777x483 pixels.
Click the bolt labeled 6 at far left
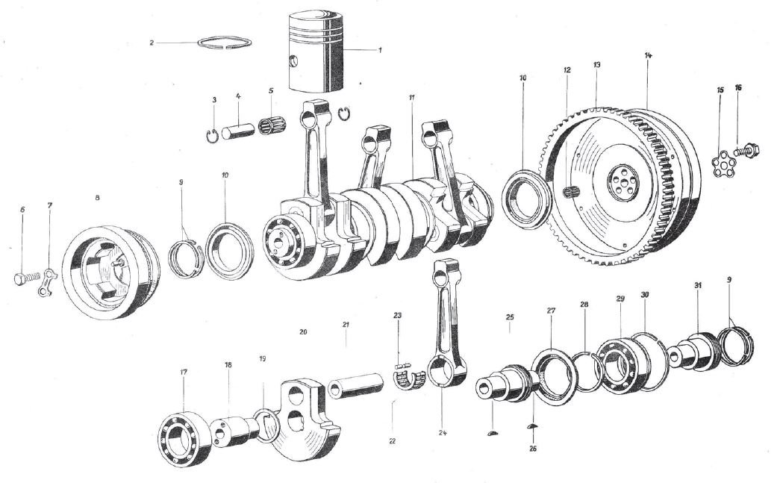pos(21,280)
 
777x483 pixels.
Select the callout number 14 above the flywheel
pos(647,56)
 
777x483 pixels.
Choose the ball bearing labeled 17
pos(184,433)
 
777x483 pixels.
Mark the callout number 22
pos(391,440)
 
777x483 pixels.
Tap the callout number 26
pos(532,449)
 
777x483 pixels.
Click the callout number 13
pos(597,66)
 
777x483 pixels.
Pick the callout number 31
pos(697,287)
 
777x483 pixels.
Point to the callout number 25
pos(511,318)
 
